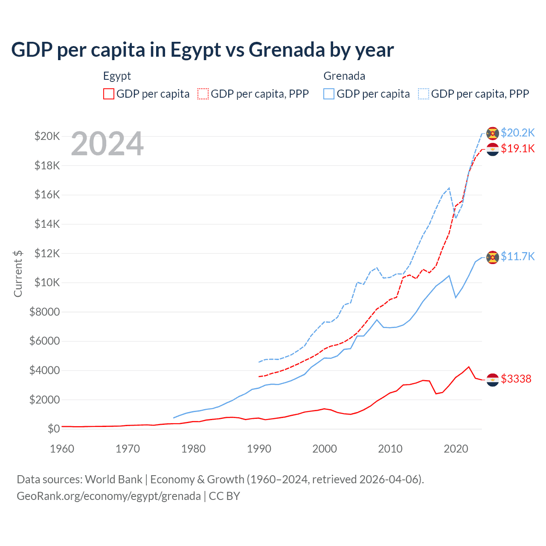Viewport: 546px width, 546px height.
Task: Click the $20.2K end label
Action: [x=517, y=133]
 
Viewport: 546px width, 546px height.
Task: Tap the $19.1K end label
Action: [x=517, y=148]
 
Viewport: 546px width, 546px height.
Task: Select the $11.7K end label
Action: [x=517, y=256]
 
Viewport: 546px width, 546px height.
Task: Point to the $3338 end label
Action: [x=516, y=379]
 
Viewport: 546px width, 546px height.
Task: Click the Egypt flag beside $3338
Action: [x=493, y=379]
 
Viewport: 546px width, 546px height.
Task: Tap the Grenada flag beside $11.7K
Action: [x=493, y=257]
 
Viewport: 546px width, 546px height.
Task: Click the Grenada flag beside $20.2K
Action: [x=493, y=133]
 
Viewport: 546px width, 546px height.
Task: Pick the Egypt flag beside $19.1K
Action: [x=493, y=149]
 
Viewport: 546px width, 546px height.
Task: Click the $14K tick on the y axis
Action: [x=47, y=224]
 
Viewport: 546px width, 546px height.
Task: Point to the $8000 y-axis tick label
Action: [x=45, y=312]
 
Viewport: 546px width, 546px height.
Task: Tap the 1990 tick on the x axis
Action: [x=259, y=449]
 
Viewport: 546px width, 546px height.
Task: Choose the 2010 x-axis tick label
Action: [x=390, y=449]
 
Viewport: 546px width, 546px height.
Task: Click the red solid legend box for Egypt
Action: [x=109, y=94]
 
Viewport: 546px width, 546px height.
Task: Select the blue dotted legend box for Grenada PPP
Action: [x=424, y=94]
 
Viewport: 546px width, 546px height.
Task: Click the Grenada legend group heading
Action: [x=344, y=76]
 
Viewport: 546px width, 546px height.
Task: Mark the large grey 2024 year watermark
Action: [x=107, y=144]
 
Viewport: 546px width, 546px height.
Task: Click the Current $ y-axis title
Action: [x=18, y=273]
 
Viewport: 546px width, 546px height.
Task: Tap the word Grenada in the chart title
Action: [x=287, y=50]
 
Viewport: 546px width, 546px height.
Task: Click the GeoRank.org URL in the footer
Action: [x=109, y=496]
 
